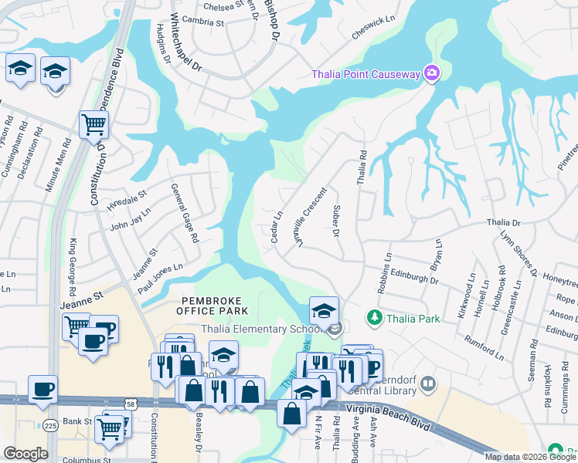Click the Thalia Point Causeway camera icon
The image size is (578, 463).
[x=432, y=74]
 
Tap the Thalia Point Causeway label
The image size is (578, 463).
[x=365, y=75]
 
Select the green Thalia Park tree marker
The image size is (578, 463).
[x=375, y=318]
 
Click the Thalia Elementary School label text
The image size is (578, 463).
[x=263, y=330]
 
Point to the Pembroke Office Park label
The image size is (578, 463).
[x=215, y=306]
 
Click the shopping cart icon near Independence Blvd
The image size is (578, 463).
[x=93, y=123]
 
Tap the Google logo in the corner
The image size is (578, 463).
[x=25, y=454]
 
